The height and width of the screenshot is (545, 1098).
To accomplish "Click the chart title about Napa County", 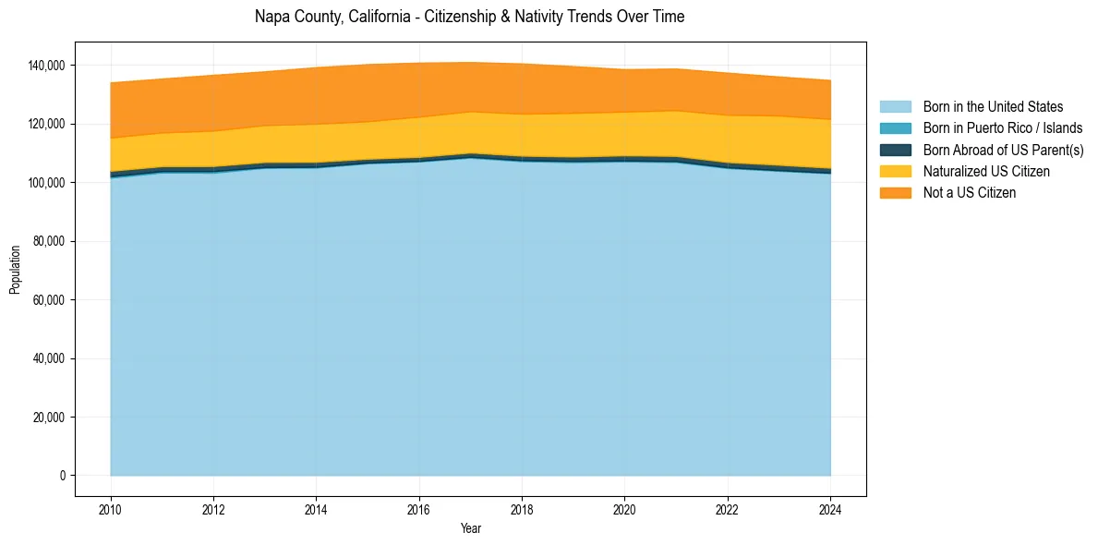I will [x=469, y=17].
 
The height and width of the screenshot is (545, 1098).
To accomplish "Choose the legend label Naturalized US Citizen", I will [x=986, y=171].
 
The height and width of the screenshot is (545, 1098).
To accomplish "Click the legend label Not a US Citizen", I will [x=970, y=192].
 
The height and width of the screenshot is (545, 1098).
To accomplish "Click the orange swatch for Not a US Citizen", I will [x=895, y=192].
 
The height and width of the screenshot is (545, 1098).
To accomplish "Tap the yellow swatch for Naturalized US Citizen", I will [x=895, y=171].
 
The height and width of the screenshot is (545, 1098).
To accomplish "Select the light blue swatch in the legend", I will [x=895, y=107].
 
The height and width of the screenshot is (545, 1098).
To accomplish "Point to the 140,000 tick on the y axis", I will [x=46, y=66].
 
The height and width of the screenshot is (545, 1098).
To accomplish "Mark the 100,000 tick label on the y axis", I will [x=46, y=183].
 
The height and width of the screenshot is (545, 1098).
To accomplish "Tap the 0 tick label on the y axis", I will [x=63, y=476].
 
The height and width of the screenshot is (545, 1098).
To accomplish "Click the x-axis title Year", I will [x=470, y=528].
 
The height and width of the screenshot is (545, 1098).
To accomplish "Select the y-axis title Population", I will [x=15, y=270].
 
